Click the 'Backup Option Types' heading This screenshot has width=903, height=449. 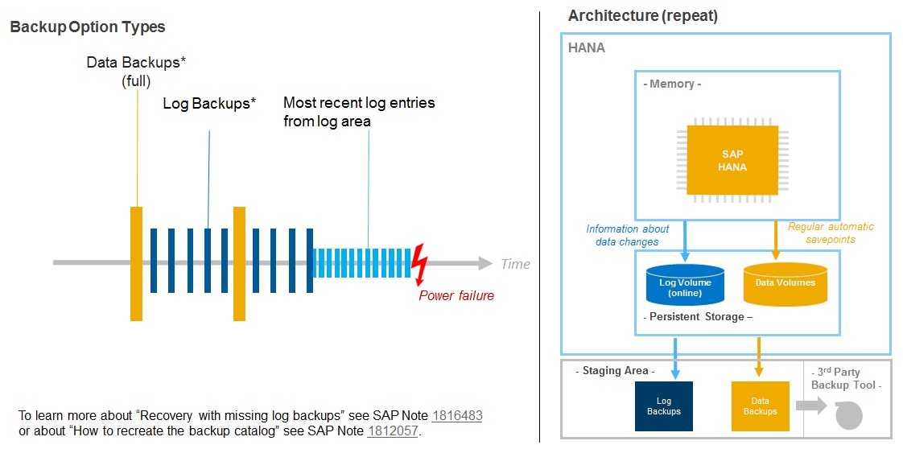[x=87, y=27]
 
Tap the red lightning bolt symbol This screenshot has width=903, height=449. [x=419, y=263]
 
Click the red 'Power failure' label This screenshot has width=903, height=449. [x=456, y=295]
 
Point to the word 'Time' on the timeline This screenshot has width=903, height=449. [x=515, y=264]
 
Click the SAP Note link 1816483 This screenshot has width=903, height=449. [x=457, y=416]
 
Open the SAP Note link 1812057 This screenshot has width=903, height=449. [x=393, y=431]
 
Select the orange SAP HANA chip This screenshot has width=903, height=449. [x=732, y=160]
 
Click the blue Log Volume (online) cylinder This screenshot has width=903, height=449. [x=685, y=286]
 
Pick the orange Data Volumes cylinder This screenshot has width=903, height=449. [x=785, y=285]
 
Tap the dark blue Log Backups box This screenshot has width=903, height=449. [x=663, y=406]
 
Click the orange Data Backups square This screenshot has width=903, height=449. [x=760, y=406]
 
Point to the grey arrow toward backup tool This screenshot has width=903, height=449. [x=812, y=406]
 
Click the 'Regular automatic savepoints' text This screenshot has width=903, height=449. [x=830, y=233]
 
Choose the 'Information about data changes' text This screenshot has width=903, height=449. [x=628, y=235]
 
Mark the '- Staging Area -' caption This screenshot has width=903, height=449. [x=616, y=371]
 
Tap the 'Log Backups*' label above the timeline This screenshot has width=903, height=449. [x=209, y=104]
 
